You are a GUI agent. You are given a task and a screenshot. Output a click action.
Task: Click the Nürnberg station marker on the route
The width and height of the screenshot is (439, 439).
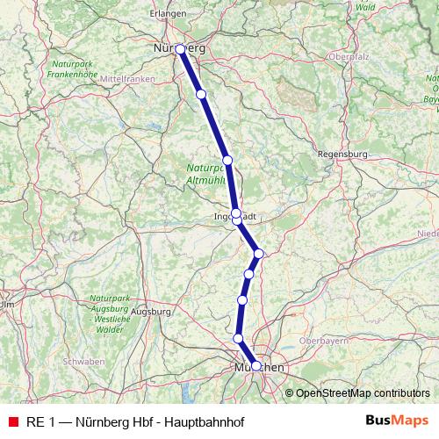180,49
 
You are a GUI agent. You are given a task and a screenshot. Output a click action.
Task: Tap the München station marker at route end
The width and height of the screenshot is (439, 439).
255,366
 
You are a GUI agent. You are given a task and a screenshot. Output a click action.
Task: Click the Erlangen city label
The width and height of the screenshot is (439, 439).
169,14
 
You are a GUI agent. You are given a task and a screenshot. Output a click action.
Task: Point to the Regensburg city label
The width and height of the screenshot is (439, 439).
342,154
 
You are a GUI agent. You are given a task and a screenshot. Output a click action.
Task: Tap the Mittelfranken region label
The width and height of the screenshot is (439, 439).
128,78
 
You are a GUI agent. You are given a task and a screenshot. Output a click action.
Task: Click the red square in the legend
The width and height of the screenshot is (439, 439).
12,421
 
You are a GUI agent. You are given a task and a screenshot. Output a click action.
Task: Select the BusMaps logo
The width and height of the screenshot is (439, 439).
397,421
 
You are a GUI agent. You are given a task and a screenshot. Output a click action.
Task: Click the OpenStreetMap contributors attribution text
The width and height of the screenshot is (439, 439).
363,392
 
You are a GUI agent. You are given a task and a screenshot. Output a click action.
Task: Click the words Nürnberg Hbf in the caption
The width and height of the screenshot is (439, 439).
112,421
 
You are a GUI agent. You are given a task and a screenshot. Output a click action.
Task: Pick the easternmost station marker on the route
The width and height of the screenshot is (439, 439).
258,254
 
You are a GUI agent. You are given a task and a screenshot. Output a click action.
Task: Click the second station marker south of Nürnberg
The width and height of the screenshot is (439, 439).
227,160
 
